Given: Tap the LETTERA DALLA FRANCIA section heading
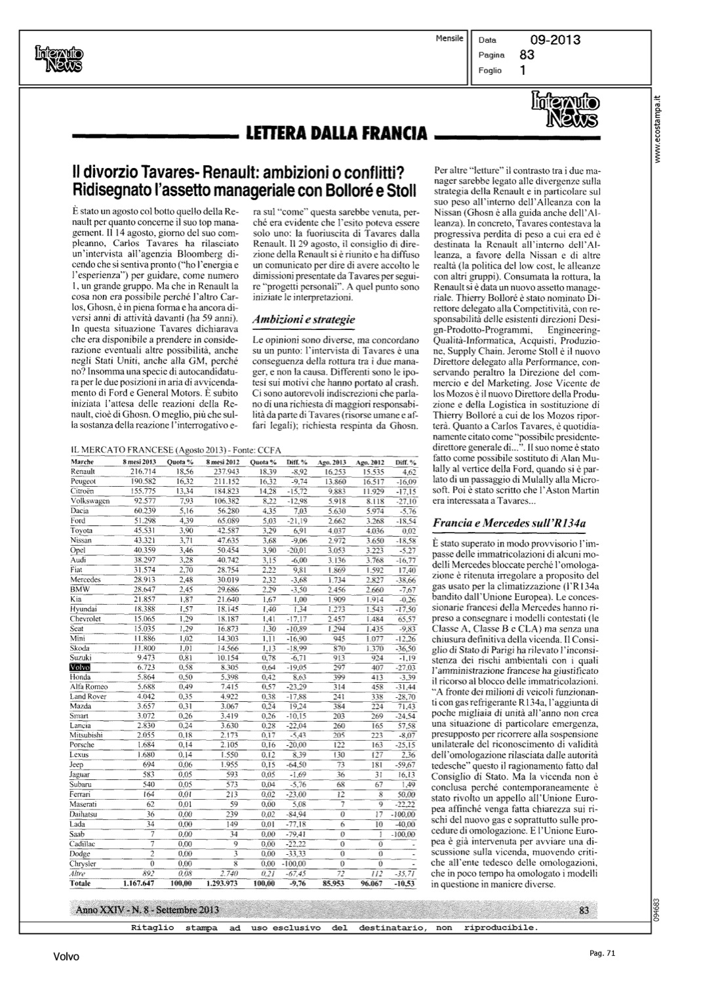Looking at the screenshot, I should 336,134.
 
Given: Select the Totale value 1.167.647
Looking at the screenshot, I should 138,884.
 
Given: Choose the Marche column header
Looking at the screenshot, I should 82,462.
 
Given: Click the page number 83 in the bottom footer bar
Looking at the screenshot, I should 585,910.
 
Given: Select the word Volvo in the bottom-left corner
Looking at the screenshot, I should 66,957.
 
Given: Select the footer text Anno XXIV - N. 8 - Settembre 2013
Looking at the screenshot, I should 148,911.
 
